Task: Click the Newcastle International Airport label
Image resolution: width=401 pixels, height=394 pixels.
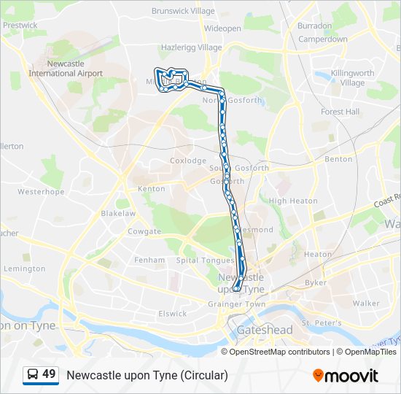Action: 66,69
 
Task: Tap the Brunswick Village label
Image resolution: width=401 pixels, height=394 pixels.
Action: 183,11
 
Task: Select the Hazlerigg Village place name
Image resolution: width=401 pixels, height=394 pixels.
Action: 190,47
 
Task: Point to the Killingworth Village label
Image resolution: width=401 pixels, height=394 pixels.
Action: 352,78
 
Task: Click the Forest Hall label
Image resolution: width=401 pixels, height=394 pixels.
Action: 340,112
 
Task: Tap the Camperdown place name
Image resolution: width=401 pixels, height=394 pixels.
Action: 322,39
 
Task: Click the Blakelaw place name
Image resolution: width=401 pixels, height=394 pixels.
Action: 118,214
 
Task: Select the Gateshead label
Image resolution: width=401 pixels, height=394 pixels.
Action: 264,330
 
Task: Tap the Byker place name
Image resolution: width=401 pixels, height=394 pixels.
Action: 316,282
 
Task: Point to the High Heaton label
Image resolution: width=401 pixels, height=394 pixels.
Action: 293,201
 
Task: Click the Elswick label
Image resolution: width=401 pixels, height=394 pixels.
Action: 173,313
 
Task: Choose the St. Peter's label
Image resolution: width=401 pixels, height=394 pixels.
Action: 317,322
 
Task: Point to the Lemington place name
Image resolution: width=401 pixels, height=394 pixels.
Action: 25,269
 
